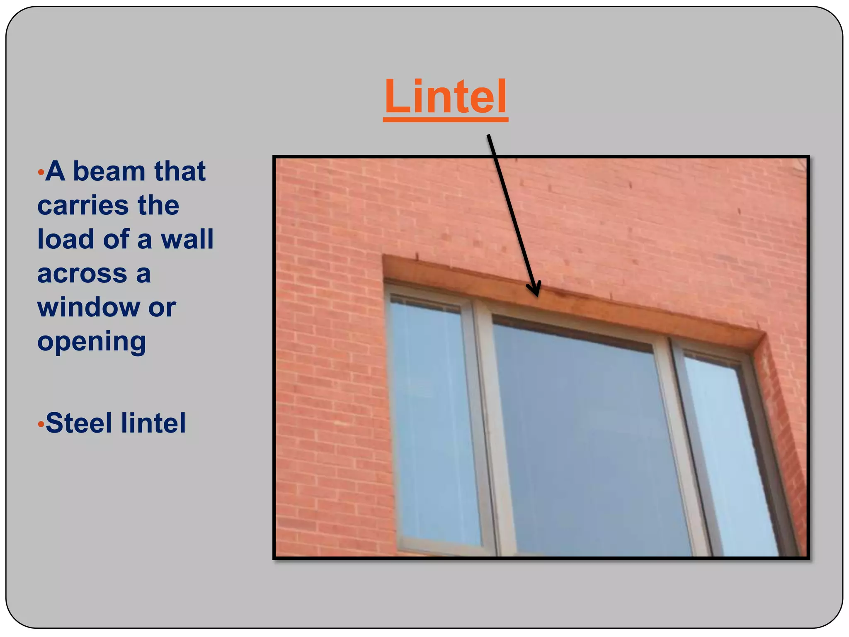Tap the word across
click(x=82, y=274)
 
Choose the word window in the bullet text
click(x=89, y=308)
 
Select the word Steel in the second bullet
click(x=79, y=423)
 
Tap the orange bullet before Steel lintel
click(x=41, y=424)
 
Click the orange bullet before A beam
click(x=41, y=172)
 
